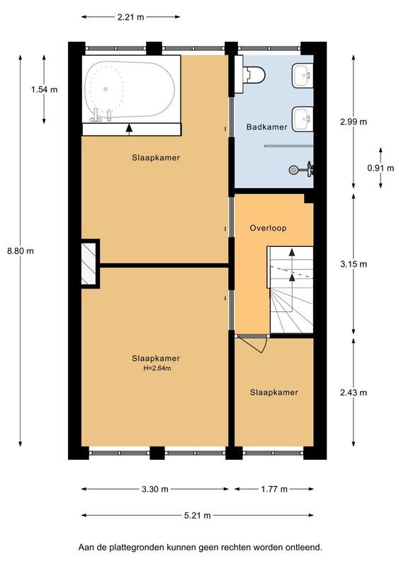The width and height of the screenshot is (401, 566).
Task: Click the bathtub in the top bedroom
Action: coord(129,91)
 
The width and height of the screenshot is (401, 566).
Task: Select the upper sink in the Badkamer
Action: coord(303,74)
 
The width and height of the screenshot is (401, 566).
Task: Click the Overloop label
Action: coord(267,229)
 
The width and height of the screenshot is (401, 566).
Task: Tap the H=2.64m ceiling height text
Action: coord(155,368)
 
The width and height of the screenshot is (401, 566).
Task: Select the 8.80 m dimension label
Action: coord(20,250)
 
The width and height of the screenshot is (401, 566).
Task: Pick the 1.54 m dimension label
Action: coord(44,89)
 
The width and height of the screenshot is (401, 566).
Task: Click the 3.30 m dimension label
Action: coord(155,489)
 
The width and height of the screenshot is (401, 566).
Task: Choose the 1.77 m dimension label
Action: coord(273,489)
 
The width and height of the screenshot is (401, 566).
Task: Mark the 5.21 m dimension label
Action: coord(198,515)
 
